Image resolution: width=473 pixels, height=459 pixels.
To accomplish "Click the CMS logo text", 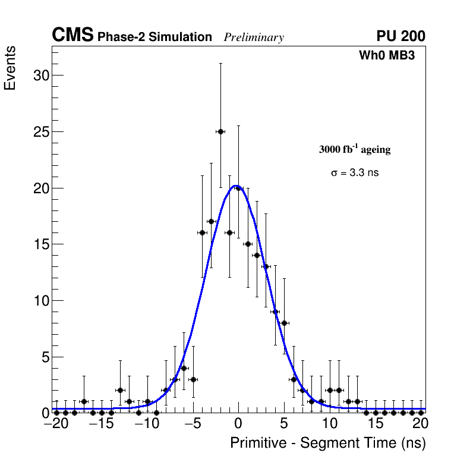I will [72, 36].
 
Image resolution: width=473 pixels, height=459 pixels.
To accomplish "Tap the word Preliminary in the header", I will [254, 37].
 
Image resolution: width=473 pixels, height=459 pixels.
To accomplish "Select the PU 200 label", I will [401, 36].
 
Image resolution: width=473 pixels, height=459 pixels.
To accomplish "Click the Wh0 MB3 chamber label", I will [386, 56].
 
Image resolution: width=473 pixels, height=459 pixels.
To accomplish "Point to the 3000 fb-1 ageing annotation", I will [355, 149].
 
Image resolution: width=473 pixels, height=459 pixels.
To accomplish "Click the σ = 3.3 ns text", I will [354, 173].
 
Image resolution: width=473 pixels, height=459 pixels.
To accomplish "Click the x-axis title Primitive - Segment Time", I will [328, 443].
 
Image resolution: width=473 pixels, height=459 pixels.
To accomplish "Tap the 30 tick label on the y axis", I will [40, 76].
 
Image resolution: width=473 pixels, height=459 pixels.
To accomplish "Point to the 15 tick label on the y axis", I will [40, 244].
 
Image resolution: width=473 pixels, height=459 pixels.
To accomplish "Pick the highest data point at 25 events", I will [220, 131].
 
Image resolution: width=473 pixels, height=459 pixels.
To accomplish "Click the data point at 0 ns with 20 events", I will [238, 188].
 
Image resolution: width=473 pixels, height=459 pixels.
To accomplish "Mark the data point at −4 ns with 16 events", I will [202, 232].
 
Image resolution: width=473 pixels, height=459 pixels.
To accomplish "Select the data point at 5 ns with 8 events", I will [285, 323].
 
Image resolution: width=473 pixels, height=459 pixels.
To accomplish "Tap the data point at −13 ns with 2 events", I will [120, 390].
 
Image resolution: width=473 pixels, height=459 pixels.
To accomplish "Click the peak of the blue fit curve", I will [236, 186].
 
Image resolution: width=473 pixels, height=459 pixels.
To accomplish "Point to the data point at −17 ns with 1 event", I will [84, 401].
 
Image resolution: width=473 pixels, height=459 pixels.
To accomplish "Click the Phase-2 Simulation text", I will [154, 37].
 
